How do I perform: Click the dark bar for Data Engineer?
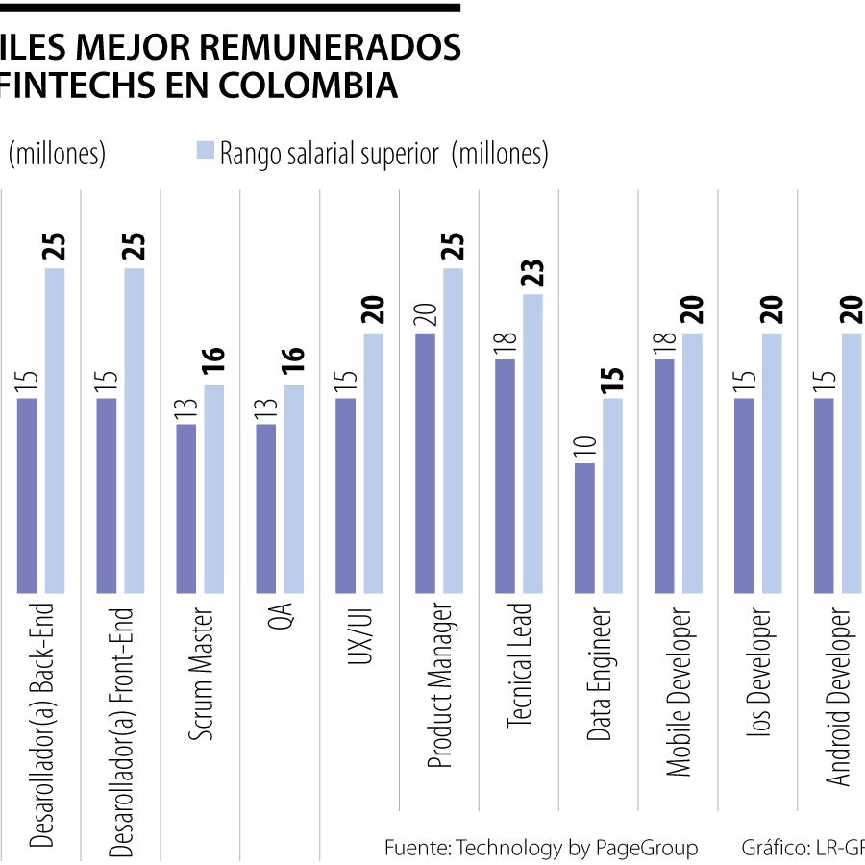pyautogui.click(x=584, y=528)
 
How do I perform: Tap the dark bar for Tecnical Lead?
pyautogui.click(x=505, y=476)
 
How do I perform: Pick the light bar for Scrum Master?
pyautogui.click(x=213, y=489)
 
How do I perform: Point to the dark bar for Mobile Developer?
pyautogui.click(x=664, y=476)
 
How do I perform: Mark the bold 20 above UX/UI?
pyautogui.click(x=374, y=312)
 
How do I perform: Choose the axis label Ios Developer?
pyautogui.click(x=760, y=672)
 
